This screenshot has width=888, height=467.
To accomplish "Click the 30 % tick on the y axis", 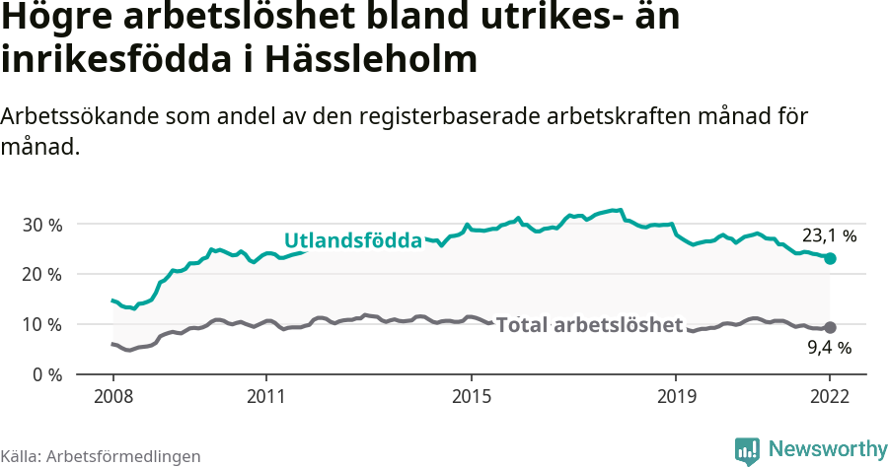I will point(41,224).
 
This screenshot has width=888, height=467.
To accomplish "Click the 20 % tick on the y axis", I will point(41,274).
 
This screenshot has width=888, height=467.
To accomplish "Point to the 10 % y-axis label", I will point(41,324).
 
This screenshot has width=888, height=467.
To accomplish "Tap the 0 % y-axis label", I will point(45,374).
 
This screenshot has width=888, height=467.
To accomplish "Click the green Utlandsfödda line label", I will point(352,240).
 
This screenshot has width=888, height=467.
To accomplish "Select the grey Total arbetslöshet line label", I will point(589,325).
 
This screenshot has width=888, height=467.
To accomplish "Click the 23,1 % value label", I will point(829,236).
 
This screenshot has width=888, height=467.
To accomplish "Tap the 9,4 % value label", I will point(829,347).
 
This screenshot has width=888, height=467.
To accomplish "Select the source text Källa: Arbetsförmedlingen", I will point(101,456).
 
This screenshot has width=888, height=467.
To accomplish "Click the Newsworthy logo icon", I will point(747,450).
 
